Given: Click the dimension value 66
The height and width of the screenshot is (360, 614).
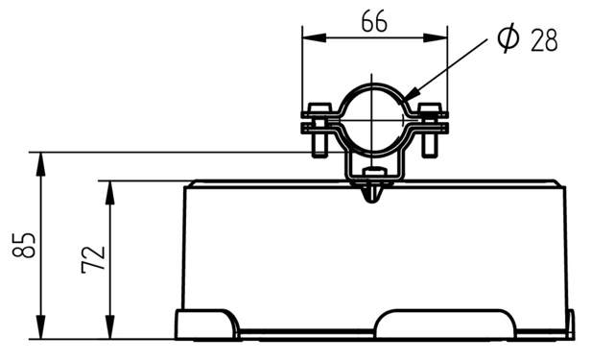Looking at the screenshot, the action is tap(374, 21).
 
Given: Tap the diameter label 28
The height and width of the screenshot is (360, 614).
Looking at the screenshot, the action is tap(544, 40).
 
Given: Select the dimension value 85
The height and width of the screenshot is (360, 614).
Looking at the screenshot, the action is tap(24, 245).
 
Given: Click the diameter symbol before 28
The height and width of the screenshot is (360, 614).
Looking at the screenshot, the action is tap(508, 37).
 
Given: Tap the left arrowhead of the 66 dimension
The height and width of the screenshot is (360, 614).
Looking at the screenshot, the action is tap(314, 37).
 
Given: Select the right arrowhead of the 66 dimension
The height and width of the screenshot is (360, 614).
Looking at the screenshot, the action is tap(435, 37).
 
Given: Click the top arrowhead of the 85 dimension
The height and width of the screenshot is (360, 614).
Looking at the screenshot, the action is tap(40, 164).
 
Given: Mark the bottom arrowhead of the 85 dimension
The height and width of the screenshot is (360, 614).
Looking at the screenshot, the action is tap(40, 326).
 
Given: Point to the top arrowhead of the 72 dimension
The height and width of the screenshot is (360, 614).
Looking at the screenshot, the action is tap(110, 193).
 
